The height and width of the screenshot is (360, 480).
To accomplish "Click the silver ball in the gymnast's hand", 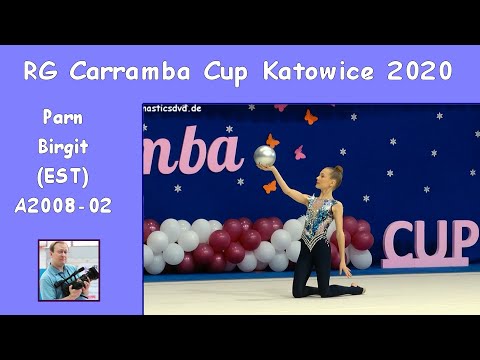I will (x=265, y=156).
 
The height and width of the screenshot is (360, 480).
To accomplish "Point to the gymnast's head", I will (x=333, y=181).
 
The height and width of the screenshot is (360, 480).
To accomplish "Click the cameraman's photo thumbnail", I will (x=69, y=269).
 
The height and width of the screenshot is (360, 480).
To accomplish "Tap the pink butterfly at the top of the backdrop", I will (x=310, y=117).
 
